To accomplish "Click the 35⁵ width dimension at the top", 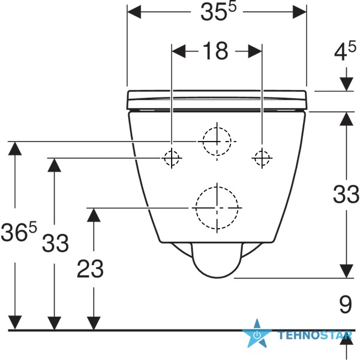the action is [218, 12].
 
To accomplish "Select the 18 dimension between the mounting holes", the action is [215, 51].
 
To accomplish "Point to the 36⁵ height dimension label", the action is [19, 232].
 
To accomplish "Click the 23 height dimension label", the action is [90, 269].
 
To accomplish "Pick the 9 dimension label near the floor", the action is [346, 304].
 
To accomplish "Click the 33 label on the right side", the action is [346, 194].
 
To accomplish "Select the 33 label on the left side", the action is [55, 242].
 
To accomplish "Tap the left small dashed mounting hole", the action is [172, 158].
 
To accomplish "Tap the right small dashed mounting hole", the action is [262, 158].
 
